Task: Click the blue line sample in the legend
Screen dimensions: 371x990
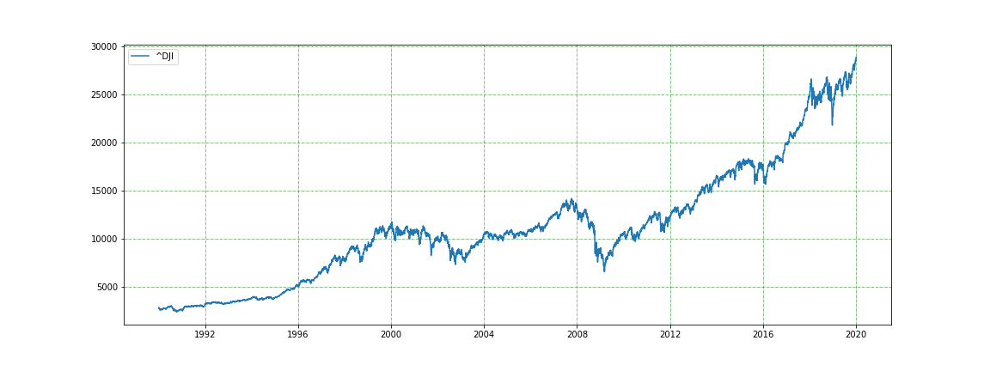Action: (x=141, y=57)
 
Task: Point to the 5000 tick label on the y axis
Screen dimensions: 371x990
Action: (x=104, y=287)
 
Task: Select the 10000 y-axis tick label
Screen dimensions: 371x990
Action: (x=101, y=239)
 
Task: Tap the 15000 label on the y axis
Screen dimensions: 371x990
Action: (x=101, y=191)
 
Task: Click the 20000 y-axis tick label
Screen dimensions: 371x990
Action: (x=101, y=143)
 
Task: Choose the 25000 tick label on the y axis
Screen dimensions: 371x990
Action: (x=101, y=94)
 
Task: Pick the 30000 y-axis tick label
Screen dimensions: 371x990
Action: (x=101, y=46)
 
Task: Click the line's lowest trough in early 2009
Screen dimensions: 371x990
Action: (x=604, y=271)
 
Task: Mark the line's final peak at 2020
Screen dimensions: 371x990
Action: (x=856, y=57)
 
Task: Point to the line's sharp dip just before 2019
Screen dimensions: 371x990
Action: (x=832, y=125)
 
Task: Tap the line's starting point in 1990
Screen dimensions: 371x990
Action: (x=159, y=308)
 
